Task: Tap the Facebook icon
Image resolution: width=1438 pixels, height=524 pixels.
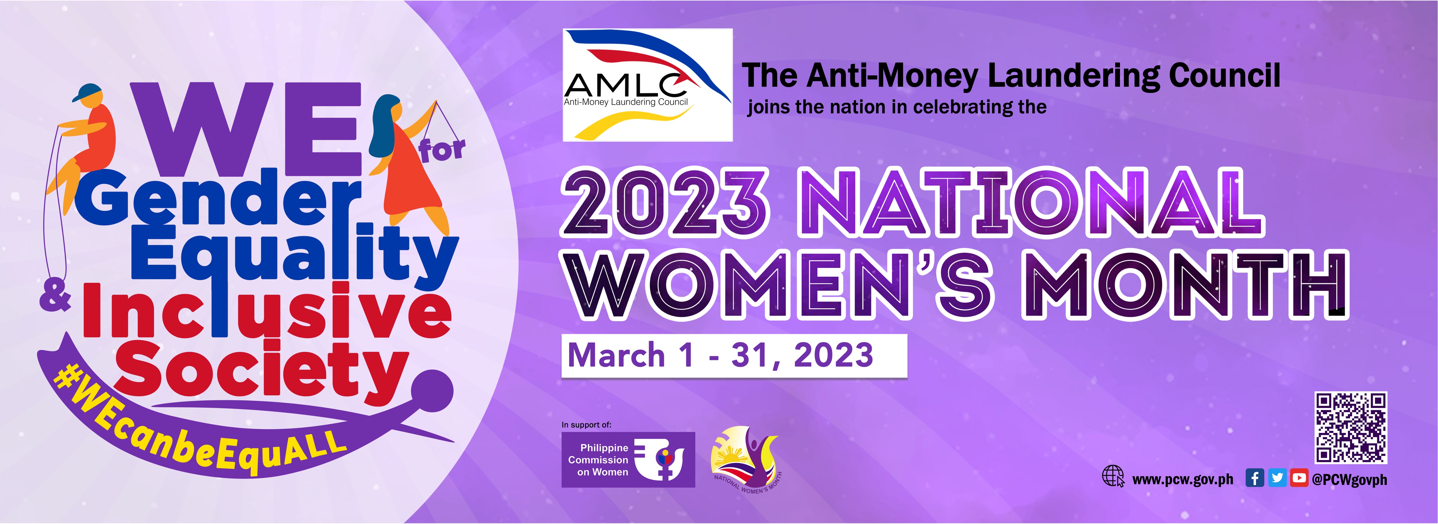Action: (x=1255, y=478)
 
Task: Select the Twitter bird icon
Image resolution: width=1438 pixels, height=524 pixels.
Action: (x=1277, y=478)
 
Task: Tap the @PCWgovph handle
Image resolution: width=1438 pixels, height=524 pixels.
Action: (x=1349, y=479)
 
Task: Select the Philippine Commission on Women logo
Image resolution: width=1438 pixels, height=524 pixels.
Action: (x=628, y=460)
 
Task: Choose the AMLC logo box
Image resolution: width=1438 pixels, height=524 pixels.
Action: (x=648, y=85)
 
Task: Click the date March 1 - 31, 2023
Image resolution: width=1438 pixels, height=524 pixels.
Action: (x=720, y=355)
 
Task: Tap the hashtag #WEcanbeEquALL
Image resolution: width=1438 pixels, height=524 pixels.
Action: (x=198, y=427)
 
